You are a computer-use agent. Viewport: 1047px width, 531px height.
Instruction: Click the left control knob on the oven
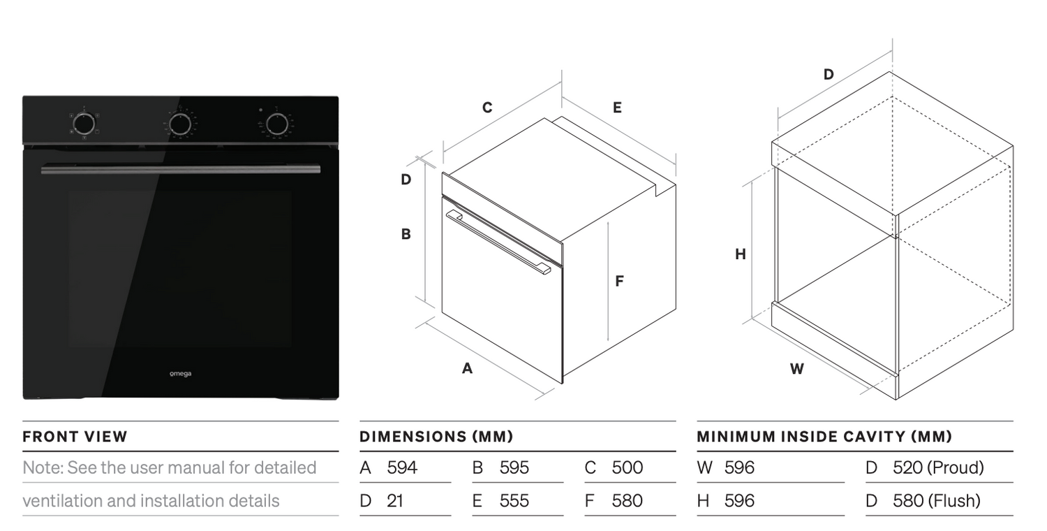click(84, 124)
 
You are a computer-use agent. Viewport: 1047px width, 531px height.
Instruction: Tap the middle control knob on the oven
click(180, 124)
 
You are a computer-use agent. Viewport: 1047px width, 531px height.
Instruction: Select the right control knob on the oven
click(277, 124)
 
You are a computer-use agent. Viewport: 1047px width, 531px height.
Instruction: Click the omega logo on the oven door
click(180, 373)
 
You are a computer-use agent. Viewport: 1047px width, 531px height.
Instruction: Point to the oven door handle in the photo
click(180, 169)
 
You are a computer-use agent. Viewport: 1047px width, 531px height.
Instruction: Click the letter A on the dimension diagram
click(468, 369)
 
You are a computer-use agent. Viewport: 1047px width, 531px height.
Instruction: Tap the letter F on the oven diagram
click(620, 281)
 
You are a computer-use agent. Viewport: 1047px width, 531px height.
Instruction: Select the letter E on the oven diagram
click(618, 108)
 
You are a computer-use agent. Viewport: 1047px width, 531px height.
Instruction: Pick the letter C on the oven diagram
click(487, 108)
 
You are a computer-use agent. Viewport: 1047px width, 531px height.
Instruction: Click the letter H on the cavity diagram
click(741, 254)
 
